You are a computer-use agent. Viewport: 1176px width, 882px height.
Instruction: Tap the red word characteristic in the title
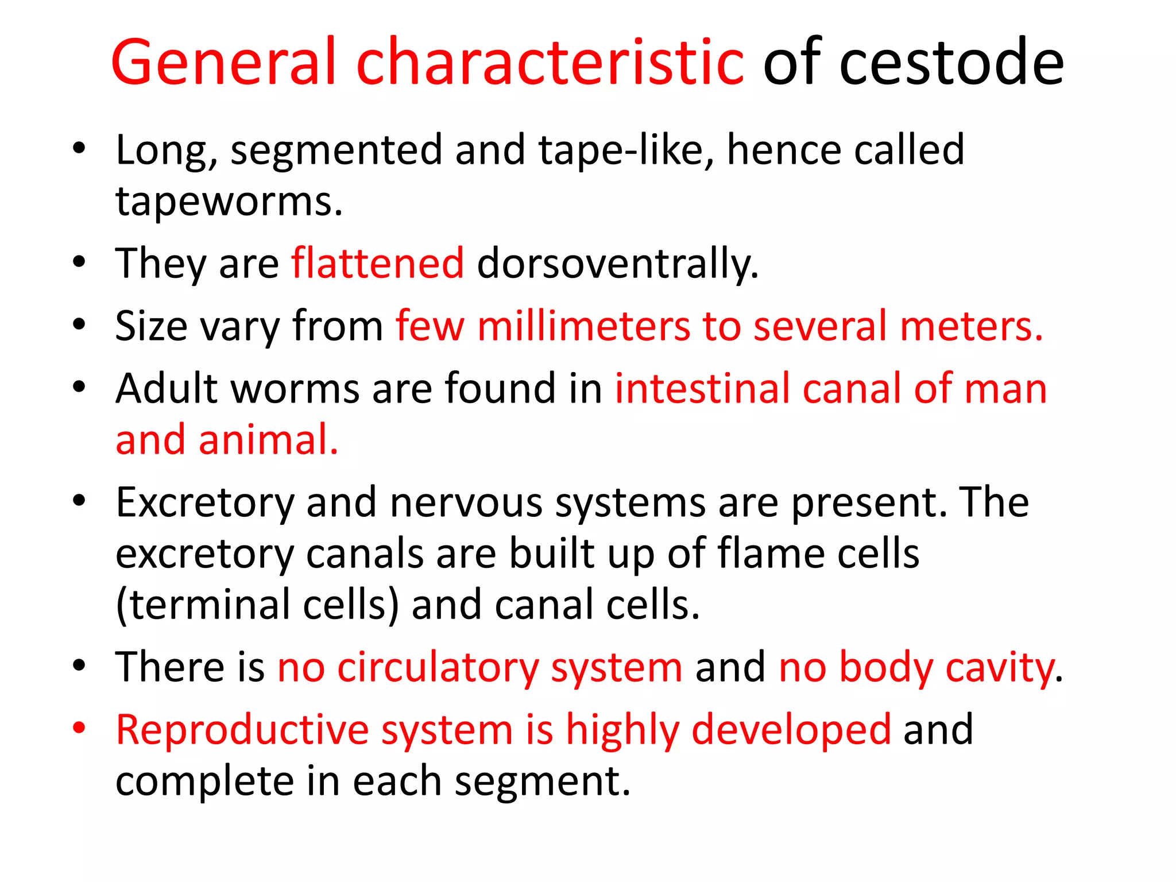click(x=550, y=62)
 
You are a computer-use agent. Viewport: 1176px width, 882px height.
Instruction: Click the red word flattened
click(x=377, y=264)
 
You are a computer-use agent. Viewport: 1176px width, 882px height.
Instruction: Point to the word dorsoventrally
click(x=617, y=264)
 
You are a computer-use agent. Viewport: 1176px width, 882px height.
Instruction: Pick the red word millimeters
click(x=583, y=326)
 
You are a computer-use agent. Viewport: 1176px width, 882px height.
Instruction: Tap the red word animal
click(x=268, y=440)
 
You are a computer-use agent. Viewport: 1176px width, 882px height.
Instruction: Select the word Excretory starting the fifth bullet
click(x=205, y=503)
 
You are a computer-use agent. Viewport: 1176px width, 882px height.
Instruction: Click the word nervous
click(x=466, y=503)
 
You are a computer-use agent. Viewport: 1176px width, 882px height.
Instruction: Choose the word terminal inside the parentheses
click(x=210, y=605)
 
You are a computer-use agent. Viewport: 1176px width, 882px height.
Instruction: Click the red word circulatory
click(x=438, y=667)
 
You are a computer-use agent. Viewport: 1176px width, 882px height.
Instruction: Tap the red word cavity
click(x=999, y=667)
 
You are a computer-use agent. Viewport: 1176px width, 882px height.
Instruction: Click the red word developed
click(x=791, y=730)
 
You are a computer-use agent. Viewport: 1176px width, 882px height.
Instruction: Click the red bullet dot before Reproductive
click(x=79, y=728)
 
